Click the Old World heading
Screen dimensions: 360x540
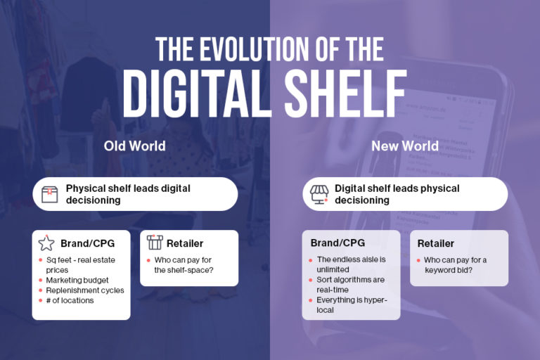135,146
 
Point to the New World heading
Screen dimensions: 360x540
406,146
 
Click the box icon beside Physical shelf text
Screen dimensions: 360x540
49,194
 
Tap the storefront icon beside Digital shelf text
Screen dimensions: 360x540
320,194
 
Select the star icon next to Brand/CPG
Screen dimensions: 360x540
46,243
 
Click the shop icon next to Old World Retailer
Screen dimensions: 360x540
155,243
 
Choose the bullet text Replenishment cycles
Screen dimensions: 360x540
85,290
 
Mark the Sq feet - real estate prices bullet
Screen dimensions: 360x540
78,264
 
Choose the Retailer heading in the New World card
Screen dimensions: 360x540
435,243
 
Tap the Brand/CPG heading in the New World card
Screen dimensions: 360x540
337,243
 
